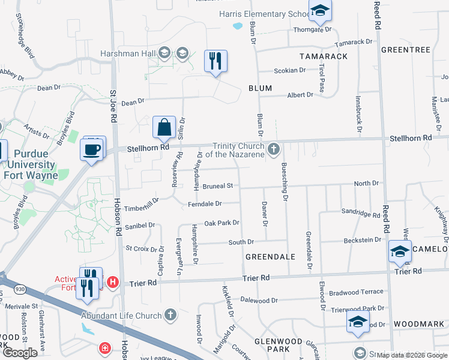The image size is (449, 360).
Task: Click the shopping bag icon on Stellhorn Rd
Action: [164, 127]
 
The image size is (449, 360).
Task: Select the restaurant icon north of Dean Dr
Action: [215, 60]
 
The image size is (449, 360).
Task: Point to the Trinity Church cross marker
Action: [274, 148]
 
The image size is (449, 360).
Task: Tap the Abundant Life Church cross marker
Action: [170, 314]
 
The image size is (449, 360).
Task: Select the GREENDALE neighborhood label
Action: [270, 256]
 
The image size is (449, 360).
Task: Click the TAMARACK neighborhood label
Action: [324, 56]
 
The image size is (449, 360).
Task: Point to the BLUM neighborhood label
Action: [261, 88]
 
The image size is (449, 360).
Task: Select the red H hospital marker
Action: [112, 281]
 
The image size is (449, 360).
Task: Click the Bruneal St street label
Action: [217, 187]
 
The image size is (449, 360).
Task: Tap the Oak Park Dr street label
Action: [221, 223]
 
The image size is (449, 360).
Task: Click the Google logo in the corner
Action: [20, 353]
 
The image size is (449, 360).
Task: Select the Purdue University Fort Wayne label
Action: [29, 164]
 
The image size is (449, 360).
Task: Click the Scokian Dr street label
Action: [289, 70]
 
